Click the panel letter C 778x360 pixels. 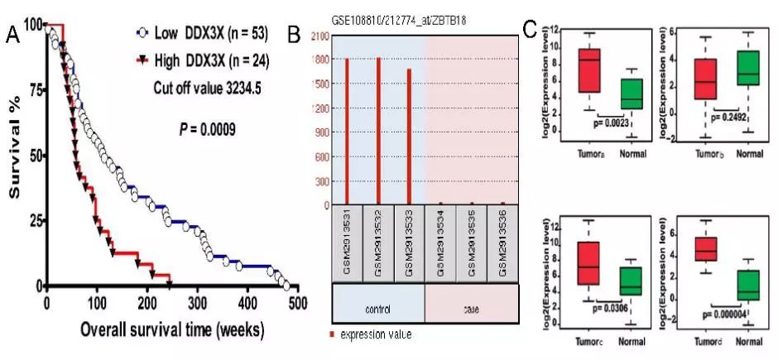tap(535, 31)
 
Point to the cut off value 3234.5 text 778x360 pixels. tap(208, 87)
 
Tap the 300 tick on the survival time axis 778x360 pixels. tap(197, 301)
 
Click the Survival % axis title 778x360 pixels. tap(14, 157)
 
